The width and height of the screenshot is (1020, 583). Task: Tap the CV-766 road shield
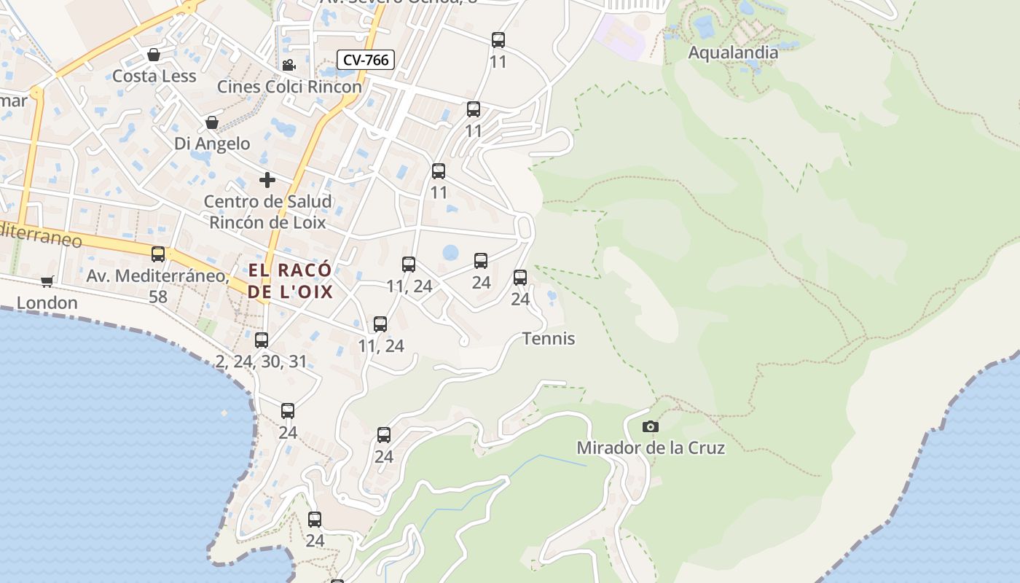(x=365, y=60)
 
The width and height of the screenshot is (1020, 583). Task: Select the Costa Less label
(x=154, y=76)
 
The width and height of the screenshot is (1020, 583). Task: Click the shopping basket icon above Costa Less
(x=154, y=55)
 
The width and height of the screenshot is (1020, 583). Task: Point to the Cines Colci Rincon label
(x=289, y=87)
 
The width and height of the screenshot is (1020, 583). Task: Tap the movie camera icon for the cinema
(x=289, y=65)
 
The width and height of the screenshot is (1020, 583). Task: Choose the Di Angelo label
(x=212, y=144)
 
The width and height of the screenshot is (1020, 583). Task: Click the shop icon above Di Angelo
(x=212, y=122)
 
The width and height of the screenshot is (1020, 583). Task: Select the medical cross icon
(x=267, y=179)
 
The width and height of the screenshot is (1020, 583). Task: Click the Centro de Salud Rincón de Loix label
(x=267, y=211)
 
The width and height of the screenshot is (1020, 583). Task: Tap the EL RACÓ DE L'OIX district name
(x=290, y=281)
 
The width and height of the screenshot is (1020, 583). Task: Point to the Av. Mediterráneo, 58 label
(x=157, y=286)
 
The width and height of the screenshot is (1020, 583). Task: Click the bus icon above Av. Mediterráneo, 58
(x=158, y=254)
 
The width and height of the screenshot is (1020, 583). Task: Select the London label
(x=47, y=302)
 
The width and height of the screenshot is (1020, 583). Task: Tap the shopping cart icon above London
(x=47, y=281)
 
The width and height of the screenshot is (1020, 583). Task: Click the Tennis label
(x=549, y=339)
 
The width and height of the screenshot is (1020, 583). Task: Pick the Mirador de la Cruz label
(x=651, y=447)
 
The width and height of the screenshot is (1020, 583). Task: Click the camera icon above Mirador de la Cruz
(x=651, y=426)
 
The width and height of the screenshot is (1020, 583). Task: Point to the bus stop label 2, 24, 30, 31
(x=262, y=361)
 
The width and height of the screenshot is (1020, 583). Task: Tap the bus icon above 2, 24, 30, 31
(x=262, y=340)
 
